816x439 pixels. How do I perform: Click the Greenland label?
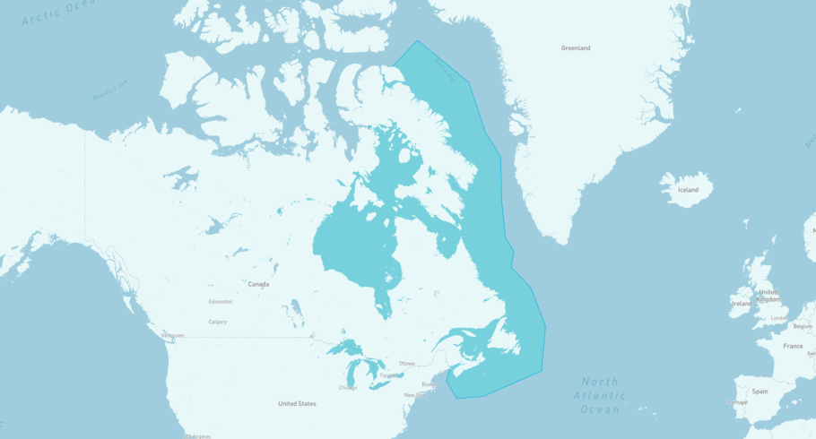coord(575,48)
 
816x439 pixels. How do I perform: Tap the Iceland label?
coord(688,190)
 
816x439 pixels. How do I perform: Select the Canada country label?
coord(258,284)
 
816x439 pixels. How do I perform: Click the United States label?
coord(297,404)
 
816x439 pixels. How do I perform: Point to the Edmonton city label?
coord(221,302)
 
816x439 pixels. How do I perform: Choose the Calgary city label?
coord(218,322)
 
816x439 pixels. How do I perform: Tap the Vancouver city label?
coord(172,336)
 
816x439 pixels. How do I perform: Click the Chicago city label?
coord(348,388)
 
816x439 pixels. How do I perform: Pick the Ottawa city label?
coord(407,364)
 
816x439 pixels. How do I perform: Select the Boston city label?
coord(430,384)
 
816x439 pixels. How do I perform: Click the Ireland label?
coord(742,304)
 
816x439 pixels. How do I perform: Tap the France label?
coord(793,346)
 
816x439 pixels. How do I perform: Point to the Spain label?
coord(760,392)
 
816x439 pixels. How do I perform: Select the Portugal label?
coord(737,403)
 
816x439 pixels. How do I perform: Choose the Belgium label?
coord(803,327)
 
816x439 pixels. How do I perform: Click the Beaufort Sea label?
coord(110,90)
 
